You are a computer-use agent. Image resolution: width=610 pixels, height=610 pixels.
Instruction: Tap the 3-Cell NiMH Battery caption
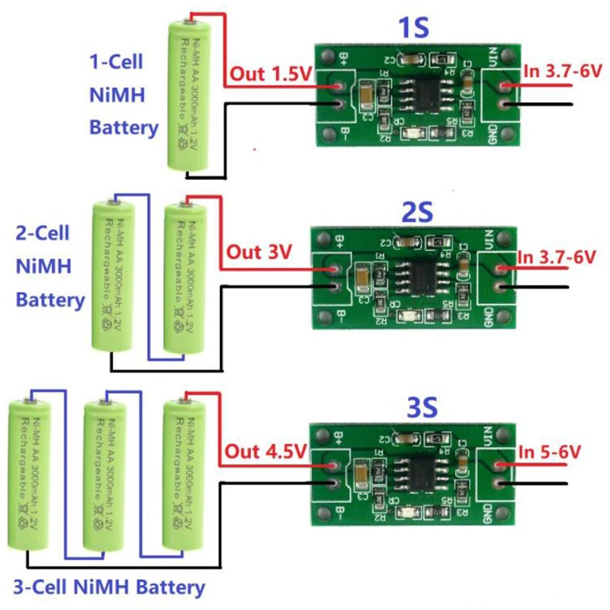[x=109, y=588]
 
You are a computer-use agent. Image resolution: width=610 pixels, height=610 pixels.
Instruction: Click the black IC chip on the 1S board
[x=413, y=95]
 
